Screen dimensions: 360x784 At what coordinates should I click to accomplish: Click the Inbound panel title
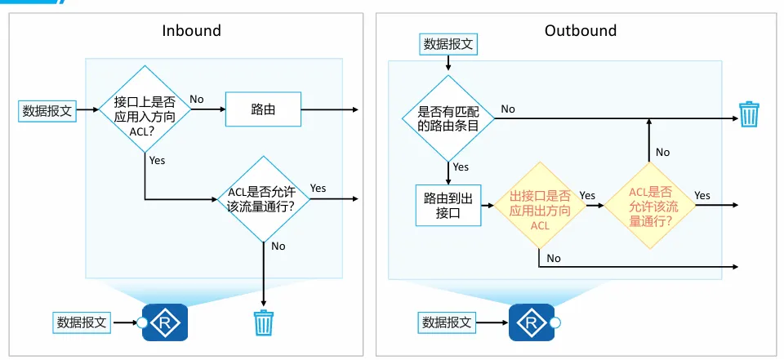(x=191, y=31)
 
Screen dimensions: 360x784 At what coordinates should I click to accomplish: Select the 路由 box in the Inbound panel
(x=263, y=109)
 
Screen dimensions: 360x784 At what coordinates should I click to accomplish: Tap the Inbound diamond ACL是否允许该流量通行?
(x=263, y=198)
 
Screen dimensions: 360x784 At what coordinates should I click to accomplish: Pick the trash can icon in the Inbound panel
(x=263, y=322)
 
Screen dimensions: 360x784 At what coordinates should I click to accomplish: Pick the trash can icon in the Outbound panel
(x=749, y=114)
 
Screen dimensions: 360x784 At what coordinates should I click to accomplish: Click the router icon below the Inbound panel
(x=166, y=322)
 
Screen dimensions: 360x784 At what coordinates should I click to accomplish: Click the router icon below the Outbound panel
(x=532, y=322)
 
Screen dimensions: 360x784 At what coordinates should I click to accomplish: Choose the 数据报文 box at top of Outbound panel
(x=448, y=44)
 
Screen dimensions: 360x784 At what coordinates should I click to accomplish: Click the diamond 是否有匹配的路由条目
(x=448, y=117)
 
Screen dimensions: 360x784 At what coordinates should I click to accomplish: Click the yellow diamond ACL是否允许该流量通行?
(x=650, y=206)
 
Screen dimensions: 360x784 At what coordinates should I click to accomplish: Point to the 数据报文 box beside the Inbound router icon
(x=82, y=322)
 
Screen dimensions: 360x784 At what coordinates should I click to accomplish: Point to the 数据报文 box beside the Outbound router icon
(x=448, y=322)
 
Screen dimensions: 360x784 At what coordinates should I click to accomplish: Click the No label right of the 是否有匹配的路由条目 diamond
(x=508, y=109)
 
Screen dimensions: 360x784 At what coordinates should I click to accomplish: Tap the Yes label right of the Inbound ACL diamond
(x=318, y=188)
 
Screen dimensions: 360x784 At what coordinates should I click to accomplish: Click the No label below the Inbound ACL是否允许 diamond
(x=278, y=246)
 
